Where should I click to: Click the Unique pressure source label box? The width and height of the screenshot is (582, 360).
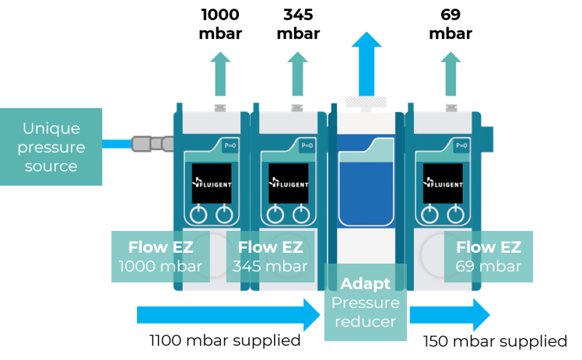[51, 147]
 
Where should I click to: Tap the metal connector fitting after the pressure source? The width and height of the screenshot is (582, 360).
[152, 143]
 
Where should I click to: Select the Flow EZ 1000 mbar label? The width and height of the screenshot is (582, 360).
[160, 257]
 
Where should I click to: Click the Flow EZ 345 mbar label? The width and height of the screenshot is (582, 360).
[270, 257]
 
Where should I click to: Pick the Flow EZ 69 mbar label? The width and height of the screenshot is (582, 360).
[489, 257]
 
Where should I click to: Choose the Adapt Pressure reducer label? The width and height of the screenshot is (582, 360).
[365, 302]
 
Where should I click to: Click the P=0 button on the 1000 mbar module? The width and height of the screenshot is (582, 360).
[230, 145]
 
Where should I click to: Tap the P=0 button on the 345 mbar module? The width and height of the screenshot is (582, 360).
[307, 145]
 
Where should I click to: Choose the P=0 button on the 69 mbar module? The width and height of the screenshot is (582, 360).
[461, 145]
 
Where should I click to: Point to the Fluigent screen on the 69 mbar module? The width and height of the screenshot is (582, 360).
[443, 183]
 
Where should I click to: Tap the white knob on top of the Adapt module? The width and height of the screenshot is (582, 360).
[366, 101]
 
